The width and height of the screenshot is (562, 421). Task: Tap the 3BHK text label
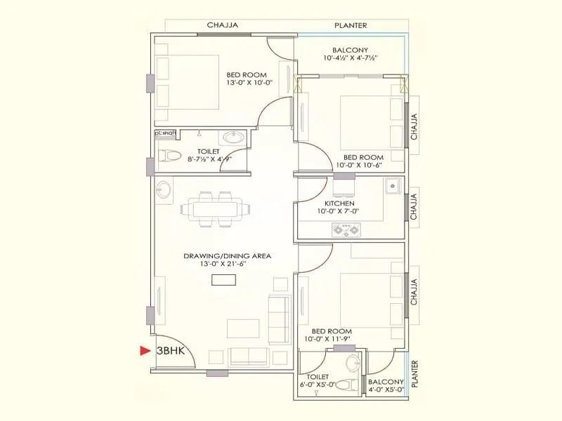click(171, 351)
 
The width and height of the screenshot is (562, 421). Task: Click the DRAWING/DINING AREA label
click(227, 256)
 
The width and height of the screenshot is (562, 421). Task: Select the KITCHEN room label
click(339, 204)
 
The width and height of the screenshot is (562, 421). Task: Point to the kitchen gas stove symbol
click(346, 229)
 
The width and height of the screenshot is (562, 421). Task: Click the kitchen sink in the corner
click(391, 187)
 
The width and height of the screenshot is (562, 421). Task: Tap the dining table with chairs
click(211, 208)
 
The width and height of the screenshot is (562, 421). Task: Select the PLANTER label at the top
click(351, 25)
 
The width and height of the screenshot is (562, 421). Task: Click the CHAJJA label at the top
click(223, 25)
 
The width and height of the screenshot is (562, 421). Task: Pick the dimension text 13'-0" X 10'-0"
click(249, 83)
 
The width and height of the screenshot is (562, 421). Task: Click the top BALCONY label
click(351, 50)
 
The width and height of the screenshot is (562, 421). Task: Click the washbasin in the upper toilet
click(235, 137)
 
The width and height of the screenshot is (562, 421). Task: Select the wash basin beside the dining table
click(163, 189)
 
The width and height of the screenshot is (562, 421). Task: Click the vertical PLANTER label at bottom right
click(415, 374)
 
